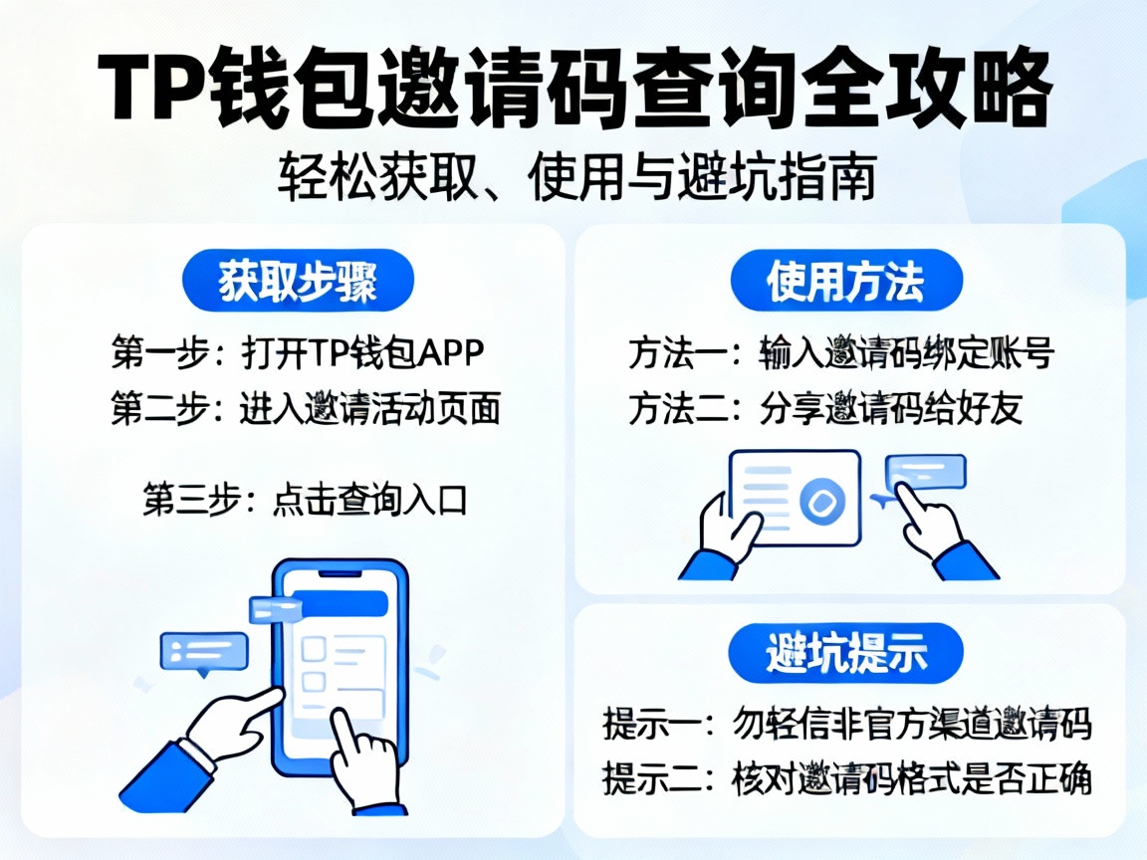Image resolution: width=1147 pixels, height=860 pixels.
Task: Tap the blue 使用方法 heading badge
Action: click(x=846, y=283)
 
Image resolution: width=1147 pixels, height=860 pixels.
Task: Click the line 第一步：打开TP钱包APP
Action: click(x=298, y=352)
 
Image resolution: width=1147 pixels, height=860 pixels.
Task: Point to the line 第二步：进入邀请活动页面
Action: click(x=305, y=408)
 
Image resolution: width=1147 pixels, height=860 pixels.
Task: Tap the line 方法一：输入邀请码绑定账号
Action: click(x=840, y=352)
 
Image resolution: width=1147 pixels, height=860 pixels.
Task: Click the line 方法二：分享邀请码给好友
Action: click(x=825, y=408)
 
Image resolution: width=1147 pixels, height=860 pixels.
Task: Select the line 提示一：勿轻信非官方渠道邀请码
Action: click(x=846, y=724)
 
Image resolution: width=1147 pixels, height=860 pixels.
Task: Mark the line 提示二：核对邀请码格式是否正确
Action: click(x=846, y=778)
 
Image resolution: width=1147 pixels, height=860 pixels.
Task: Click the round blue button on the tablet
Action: click(x=822, y=504)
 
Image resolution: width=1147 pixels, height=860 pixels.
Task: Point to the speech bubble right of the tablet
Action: click(x=926, y=472)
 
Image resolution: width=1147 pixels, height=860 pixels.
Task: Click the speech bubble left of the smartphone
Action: click(x=204, y=652)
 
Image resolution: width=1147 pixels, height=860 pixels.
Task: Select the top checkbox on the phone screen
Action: click(x=314, y=648)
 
